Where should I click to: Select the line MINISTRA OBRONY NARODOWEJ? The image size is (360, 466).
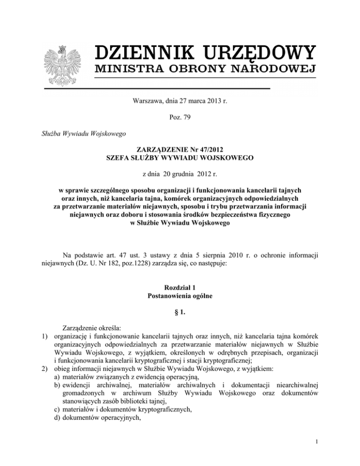(x=204, y=70)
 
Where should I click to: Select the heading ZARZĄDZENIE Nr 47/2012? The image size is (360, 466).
(x=180, y=151)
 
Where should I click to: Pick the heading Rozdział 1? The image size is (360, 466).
(x=180, y=286)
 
